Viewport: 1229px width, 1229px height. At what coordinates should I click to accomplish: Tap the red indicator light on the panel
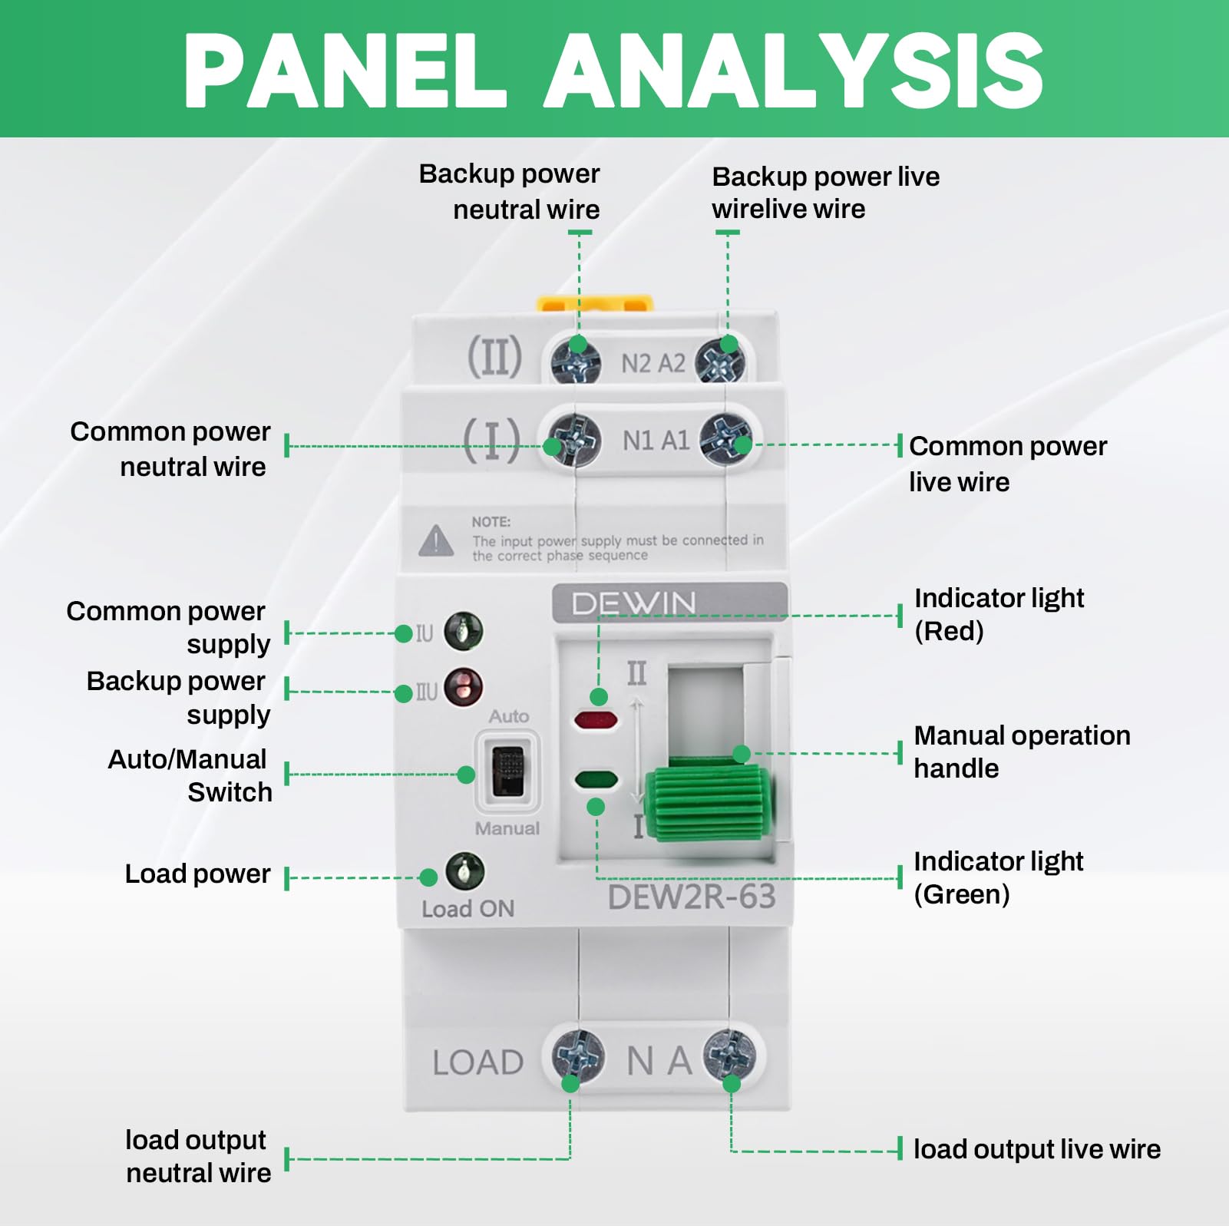[x=596, y=720]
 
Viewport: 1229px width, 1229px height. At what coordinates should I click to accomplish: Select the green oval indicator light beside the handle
[x=596, y=781]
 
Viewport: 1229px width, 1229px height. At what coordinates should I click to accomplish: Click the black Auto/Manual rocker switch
[x=507, y=771]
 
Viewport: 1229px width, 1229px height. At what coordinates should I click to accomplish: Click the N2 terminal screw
[x=576, y=359]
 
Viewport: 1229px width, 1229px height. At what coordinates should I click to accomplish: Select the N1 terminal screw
[x=573, y=439]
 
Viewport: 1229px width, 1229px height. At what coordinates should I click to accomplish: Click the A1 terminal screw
[x=726, y=439]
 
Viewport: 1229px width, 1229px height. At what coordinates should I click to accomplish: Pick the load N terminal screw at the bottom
[x=578, y=1056]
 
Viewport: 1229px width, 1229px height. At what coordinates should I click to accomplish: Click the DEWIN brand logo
[x=634, y=603]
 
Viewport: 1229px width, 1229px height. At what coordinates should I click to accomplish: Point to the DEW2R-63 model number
[x=692, y=897]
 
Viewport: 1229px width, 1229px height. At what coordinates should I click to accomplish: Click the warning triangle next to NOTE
[x=436, y=540]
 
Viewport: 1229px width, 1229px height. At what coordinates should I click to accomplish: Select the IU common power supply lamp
[x=464, y=631]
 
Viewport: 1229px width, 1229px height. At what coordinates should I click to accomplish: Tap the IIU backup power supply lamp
[x=464, y=686]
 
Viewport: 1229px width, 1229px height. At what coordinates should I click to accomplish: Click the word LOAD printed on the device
[x=477, y=1063]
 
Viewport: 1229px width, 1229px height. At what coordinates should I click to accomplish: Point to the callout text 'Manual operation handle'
[x=1022, y=752]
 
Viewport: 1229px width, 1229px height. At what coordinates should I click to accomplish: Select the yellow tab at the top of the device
[x=594, y=305]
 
